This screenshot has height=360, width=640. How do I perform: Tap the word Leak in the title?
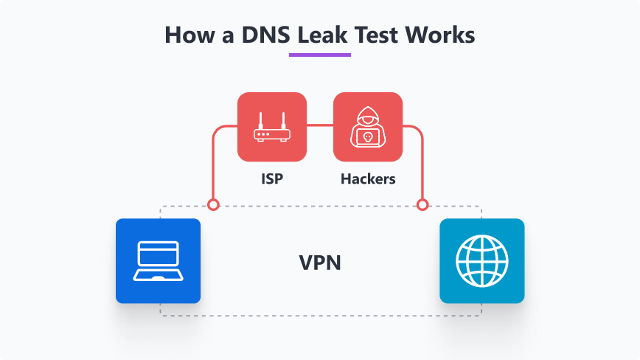(x=320, y=34)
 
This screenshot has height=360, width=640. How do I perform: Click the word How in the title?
(x=187, y=34)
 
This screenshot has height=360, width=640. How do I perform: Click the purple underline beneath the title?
(x=320, y=54)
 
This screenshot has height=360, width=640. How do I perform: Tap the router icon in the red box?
(x=272, y=127)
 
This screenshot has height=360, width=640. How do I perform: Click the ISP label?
(x=272, y=179)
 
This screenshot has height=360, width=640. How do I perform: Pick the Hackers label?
(x=368, y=179)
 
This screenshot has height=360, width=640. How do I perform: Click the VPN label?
(x=320, y=262)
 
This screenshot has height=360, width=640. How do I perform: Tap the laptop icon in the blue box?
(x=158, y=261)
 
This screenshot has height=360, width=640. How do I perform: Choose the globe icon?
(x=481, y=261)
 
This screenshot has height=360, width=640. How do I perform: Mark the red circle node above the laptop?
(x=213, y=204)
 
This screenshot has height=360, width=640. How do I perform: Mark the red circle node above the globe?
(x=422, y=204)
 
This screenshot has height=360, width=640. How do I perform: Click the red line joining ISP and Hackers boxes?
(x=320, y=126)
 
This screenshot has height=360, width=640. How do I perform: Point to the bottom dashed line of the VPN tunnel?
(x=320, y=316)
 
